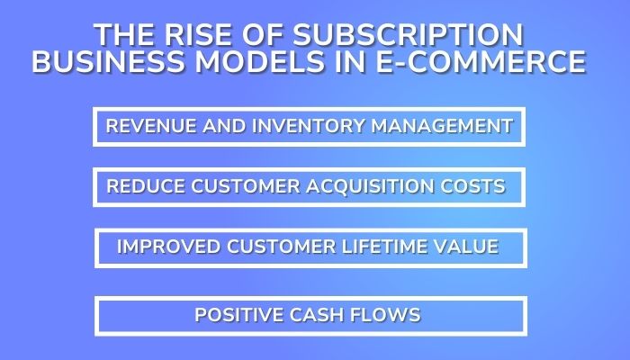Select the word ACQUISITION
tap(369, 186)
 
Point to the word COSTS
tap(474, 186)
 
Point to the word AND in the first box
tap(208, 126)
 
